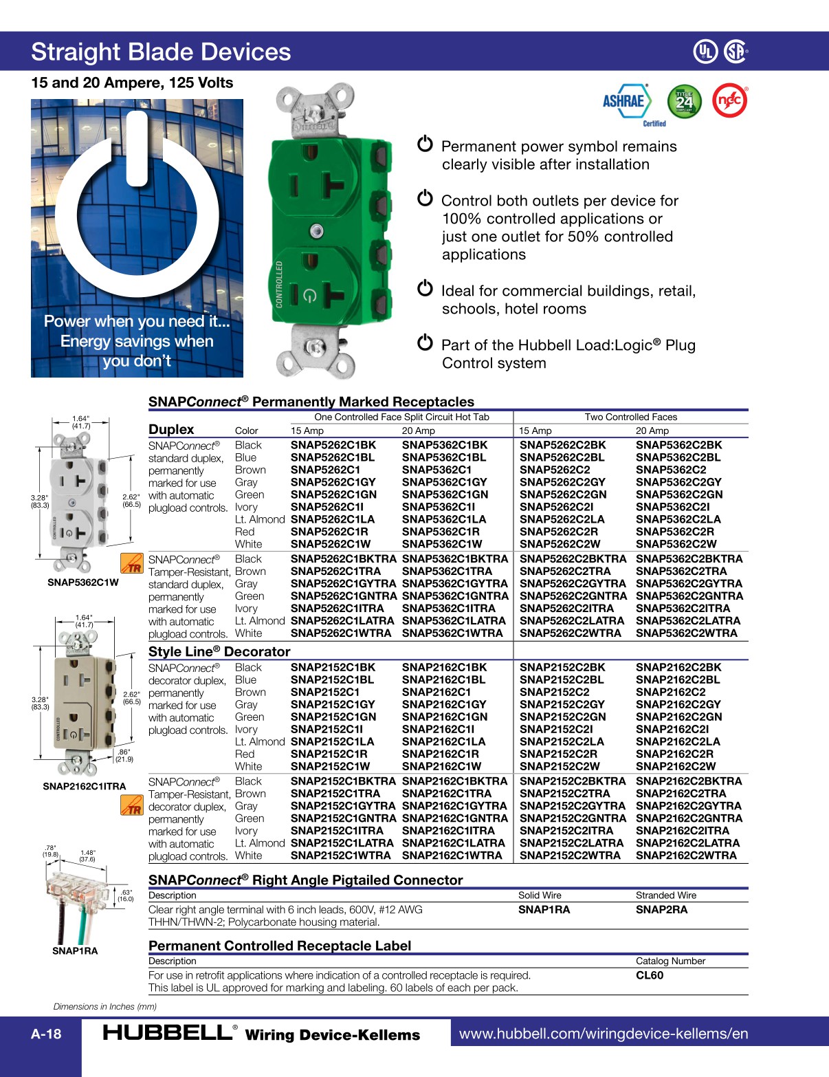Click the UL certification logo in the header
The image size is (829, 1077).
[705, 52]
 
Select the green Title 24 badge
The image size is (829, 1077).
[684, 102]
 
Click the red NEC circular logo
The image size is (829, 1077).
[729, 101]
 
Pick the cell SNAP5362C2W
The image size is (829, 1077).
[676, 544]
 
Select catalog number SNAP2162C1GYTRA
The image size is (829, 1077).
[454, 806]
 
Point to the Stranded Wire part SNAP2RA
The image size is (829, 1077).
[661, 910]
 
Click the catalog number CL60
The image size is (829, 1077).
[650, 975]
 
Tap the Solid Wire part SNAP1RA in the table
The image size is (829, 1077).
[544, 910]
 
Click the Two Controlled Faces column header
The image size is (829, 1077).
[630, 417]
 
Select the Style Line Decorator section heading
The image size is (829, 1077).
[219, 651]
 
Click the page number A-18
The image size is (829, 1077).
[46, 1034]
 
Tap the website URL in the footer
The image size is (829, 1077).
[603, 1034]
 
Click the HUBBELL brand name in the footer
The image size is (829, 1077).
[167, 1033]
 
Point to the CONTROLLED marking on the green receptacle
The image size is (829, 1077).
[280, 284]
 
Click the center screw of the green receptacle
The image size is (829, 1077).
[316, 231]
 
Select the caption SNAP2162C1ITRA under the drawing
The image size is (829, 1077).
[85, 786]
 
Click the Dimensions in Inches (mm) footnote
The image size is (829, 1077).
[105, 1006]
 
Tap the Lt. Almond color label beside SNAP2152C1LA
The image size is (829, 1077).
[259, 741]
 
